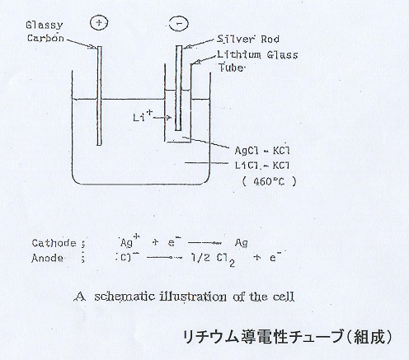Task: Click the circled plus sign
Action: pyautogui.click(x=99, y=23)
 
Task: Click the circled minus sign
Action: pyautogui.click(x=179, y=23)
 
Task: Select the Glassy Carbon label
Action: pyautogui.click(x=45, y=31)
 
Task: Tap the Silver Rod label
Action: pyautogui.click(x=248, y=39)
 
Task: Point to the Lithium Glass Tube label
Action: pyautogui.click(x=257, y=61)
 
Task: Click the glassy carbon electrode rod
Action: pyautogui.click(x=99, y=96)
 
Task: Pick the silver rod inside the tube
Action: pyautogui.click(x=179, y=88)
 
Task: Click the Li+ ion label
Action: pyautogui.click(x=143, y=115)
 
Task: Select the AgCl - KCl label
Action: pyautogui.click(x=262, y=150)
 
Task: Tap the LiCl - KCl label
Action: pyautogui.click(x=262, y=166)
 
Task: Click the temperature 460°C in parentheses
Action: pyautogui.click(x=269, y=181)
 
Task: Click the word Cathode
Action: pyautogui.click(x=54, y=243)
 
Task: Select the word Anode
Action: pyautogui.click(x=47, y=258)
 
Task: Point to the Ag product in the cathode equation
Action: pyautogui.click(x=242, y=243)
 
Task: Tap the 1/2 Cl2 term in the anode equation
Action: pyautogui.click(x=213, y=259)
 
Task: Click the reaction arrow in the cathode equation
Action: pyautogui.click(x=204, y=243)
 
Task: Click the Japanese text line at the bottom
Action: pyautogui.click(x=287, y=337)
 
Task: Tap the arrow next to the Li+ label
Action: pyautogui.click(x=162, y=118)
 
